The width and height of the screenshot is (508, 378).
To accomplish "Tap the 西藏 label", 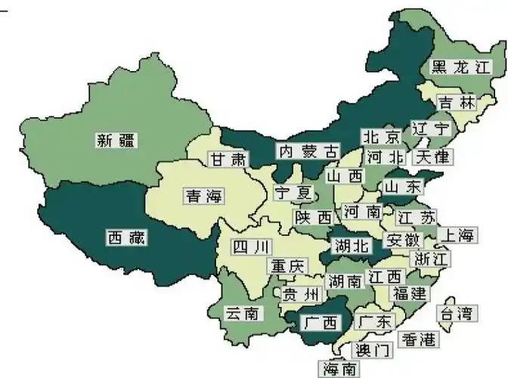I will pyautogui.click(x=125, y=237).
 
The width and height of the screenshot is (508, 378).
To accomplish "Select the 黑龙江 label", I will pyautogui.click(x=456, y=67).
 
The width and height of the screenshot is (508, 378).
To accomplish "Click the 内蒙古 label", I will pyautogui.click(x=307, y=150).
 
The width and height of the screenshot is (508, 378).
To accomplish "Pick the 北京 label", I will pyautogui.click(x=381, y=137).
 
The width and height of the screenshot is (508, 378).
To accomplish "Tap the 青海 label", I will pyautogui.click(x=204, y=197).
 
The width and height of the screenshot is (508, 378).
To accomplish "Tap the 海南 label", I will pyautogui.click(x=341, y=369).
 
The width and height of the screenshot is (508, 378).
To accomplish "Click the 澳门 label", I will pyautogui.click(x=373, y=350).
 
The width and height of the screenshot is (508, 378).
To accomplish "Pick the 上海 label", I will pyautogui.click(x=459, y=235).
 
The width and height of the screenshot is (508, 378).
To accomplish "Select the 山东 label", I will pyautogui.click(x=402, y=186).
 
